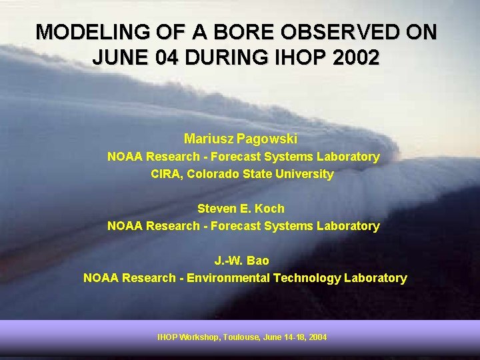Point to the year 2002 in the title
pyautogui.click(x=356, y=57)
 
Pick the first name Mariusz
pyautogui.click(x=209, y=139)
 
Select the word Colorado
pyautogui.click(x=212, y=174)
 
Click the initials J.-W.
pyautogui.click(x=228, y=261)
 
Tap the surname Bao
pyautogui.click(x=257, y=261)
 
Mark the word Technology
pyautogui.click(x=307, y=278)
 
